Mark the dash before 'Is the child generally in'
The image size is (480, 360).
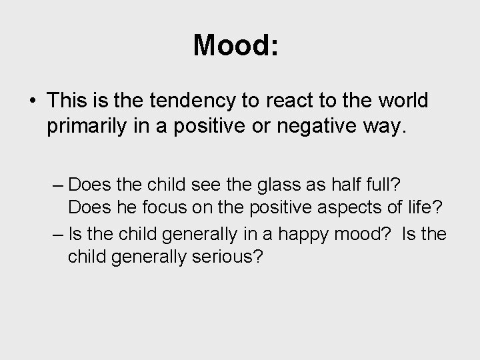point(57,235)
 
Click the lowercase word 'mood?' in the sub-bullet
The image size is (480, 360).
point(358,235)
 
